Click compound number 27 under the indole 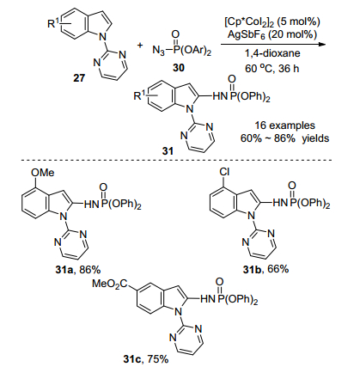pos(79,78)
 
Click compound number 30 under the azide pos(179,68)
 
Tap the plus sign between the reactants pos(140,46)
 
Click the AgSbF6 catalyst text pos(272,34)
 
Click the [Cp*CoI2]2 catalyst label pos(272,21)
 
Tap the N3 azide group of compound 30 pos(159,51)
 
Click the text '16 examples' pos(284,125)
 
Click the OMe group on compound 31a pos(42,173)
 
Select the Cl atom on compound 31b pos(224,172)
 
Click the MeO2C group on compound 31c pos(110,284)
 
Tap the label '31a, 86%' pos(78,270)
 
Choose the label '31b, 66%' pos(265,269)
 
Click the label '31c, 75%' pos(146,358)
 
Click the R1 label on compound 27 pos(52,24)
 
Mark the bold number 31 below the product pos(168,151)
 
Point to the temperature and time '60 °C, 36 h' pos(272,69)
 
